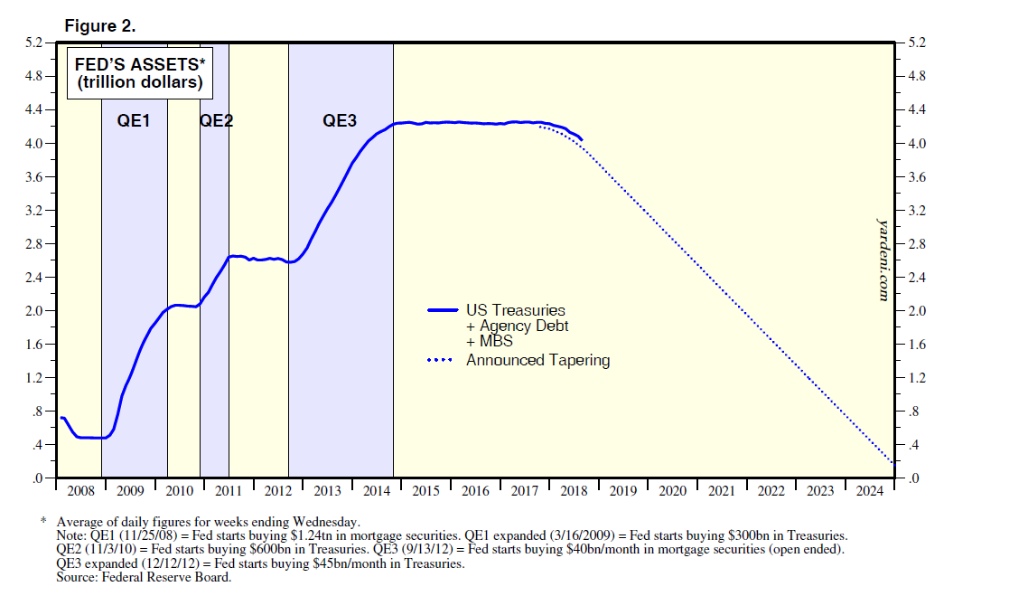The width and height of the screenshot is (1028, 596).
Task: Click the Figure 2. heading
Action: [x=100, y=26]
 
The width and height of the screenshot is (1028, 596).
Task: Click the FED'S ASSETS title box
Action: [x=139, y=73]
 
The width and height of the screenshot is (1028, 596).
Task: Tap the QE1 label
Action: [x=134, y=120]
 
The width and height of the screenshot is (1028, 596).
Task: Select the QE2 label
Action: [x=216, y=120]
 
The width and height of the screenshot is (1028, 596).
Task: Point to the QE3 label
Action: [x=340, y=120]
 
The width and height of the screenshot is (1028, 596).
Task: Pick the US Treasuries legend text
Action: [x=515, y=310]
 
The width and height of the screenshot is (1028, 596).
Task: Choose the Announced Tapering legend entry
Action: [x=537, y=360]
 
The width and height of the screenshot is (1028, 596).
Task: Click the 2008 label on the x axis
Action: [x=80, y=491]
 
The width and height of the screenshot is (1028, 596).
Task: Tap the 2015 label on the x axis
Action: [x=425, y=491]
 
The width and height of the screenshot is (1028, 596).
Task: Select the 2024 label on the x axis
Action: [x=869, y=491]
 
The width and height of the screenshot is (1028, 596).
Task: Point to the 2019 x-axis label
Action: [x=622, y=491]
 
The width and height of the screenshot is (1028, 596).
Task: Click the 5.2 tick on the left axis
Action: [x=33, y=43]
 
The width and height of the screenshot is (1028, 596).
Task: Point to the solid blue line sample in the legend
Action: [x=442, y=310]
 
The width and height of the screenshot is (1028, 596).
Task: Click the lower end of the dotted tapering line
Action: [x=892, y=463]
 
